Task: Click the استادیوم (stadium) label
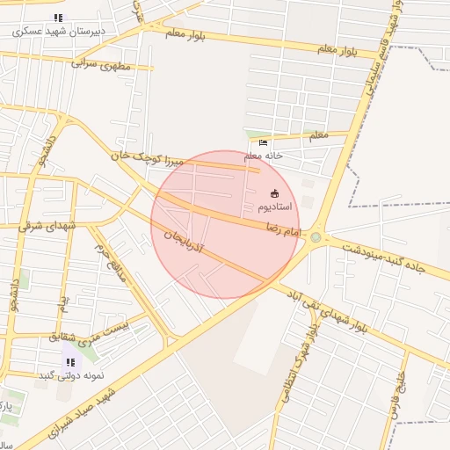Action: [275, 207]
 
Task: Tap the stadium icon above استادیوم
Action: [275, 193]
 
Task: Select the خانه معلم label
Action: [264, 156]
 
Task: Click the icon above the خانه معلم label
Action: [264, 142]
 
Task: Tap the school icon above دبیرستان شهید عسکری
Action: [58, 18]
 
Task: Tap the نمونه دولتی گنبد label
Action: [70, 375]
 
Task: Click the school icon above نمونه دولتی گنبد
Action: [69, 361]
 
